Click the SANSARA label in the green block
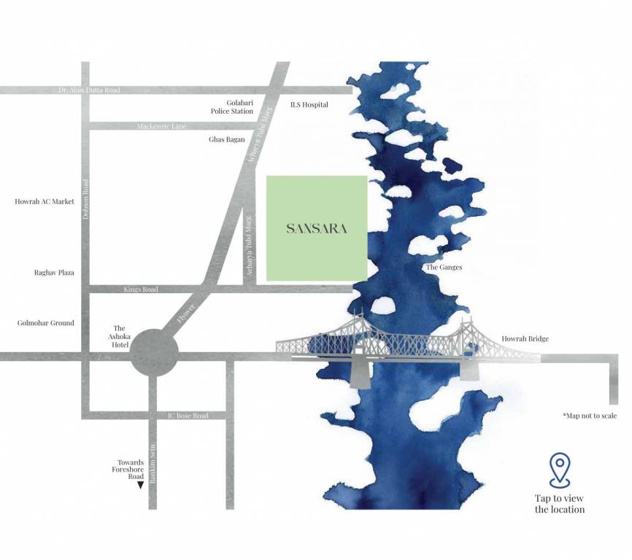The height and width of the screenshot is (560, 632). click(x=316, y=229)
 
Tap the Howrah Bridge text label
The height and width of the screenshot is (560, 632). click(x=525, y=339)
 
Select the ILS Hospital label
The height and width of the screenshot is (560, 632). click(x=309, y=105)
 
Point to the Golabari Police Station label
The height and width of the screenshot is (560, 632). click(x=232, y=107)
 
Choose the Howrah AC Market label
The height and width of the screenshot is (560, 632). click(x=45, y=201)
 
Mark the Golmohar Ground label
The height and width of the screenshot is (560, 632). click(x=46, y=323)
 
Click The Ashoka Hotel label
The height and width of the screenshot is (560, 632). click(x=120, y=337)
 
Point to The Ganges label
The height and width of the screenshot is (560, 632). click(x=444, y=268)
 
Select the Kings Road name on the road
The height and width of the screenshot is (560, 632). click(x=141, y=289)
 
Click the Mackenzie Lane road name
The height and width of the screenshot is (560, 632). click(x=161, y=127)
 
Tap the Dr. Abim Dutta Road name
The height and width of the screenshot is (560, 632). click(x=89, y=90)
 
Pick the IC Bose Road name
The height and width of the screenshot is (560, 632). click(x=188, y=416)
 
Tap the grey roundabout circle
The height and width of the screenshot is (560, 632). click(x=155, y=355)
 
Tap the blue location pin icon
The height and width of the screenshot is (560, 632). click(x=559, y=470)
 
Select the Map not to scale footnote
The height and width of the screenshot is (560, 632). click(x=590, y=416)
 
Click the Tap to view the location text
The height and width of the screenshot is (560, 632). click(x=560, y=504)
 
